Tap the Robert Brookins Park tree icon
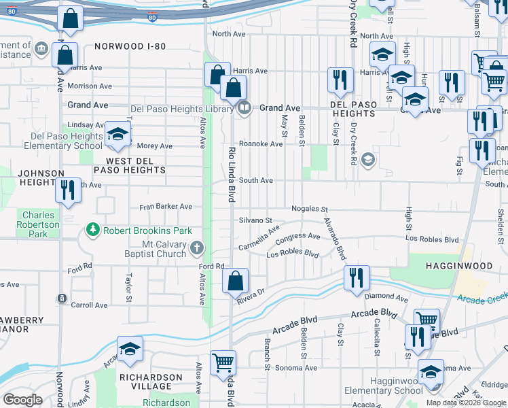tap(93, 231)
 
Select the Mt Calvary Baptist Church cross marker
tap(196, 247)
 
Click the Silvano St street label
tap(255, 221)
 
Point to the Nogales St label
tap(310, 209)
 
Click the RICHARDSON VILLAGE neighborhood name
tap(151, 382)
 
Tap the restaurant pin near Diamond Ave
tap(357, 277)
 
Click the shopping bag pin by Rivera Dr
tap(235, 280)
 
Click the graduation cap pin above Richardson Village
tap(130, 348)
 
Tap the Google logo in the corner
tap(22, 400)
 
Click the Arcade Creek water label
tap(482, 298)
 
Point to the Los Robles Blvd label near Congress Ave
tap(293, 254)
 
